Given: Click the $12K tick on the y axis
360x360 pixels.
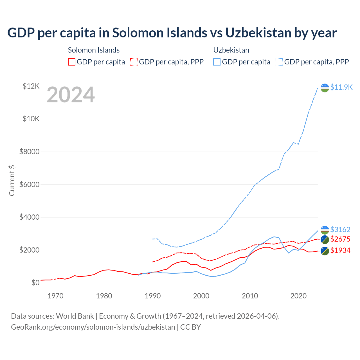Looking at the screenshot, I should tap(31, 86).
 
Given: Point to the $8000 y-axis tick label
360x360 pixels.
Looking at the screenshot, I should tap(29, 152).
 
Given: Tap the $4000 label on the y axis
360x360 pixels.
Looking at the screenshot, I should tap(29, 217).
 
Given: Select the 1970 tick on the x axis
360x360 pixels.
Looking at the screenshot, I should tap(55, 296).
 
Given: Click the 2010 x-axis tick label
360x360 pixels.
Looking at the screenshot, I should tap(250, 296).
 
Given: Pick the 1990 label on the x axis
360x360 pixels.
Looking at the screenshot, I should tap(153, 296).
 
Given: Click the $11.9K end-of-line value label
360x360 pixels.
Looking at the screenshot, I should tap(341, 87).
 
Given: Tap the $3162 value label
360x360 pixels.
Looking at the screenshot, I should tap(340, 229).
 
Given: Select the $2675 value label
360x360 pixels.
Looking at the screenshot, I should tap(340, 239).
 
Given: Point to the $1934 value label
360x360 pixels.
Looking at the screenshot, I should tap(340, 250).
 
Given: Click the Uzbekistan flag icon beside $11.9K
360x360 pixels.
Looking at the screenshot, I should tap(325, 87).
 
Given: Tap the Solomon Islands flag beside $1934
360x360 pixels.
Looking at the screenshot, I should tap(325, 251).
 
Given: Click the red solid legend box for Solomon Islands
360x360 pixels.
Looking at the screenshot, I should tap(72, 62).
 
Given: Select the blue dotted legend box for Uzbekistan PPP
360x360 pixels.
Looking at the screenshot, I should tap(279, 62).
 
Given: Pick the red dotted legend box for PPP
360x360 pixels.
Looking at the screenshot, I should tap(134, 62).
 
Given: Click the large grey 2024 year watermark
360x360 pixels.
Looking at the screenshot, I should tap(71, 95).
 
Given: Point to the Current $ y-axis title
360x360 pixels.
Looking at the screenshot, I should tap(12, 180).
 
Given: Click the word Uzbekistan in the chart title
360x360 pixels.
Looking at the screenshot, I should tap(258, 33).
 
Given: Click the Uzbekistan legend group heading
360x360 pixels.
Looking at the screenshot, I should tap(231, 50).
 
